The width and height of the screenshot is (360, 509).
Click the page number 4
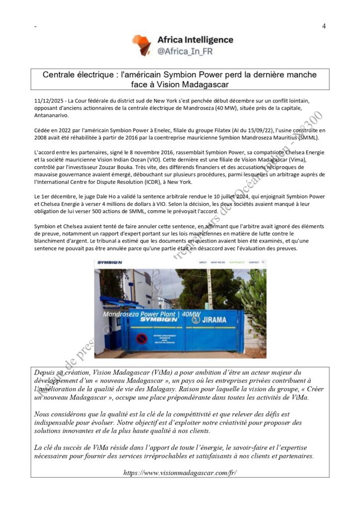click(x=324, y=26)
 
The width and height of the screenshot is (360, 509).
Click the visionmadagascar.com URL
click(x=180, y=472)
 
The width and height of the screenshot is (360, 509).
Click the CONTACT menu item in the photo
click(x=254, y=262)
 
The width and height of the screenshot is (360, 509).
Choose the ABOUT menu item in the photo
click(x=203, y=262)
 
